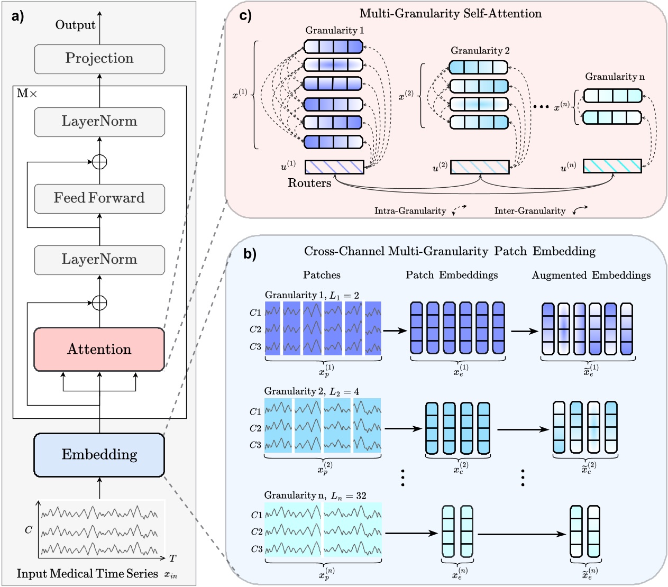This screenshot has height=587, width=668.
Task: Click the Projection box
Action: (99, 58)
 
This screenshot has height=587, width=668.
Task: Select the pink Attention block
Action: (99, 349)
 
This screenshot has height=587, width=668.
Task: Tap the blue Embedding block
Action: (99, 455)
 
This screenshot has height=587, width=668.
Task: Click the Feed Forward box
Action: (99, 198)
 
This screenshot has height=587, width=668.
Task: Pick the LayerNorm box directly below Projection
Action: (99, 122)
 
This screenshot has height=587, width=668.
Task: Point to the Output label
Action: (75, 25)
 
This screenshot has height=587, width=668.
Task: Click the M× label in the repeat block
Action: (26, 94)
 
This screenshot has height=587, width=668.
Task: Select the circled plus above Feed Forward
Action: (99, 162)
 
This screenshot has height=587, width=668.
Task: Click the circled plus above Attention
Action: (99, 303)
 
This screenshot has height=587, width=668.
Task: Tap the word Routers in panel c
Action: (309, 183)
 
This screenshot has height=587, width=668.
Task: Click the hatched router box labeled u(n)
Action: (612, 166)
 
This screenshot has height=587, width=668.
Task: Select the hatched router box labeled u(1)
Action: (334, 167)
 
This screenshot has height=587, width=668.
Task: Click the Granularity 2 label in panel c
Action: (480, 51)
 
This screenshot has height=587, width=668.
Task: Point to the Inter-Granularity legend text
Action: (529, 211)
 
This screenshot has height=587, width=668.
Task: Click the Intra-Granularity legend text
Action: (410, 211)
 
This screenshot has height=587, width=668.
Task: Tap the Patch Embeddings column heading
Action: (451, 275)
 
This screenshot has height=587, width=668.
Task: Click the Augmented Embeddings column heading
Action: (591, 275)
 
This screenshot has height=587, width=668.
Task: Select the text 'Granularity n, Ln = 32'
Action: (315, 496)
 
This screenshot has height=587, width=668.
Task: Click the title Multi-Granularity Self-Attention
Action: (450, 14)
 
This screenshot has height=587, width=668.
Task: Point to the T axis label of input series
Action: (172, 558)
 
